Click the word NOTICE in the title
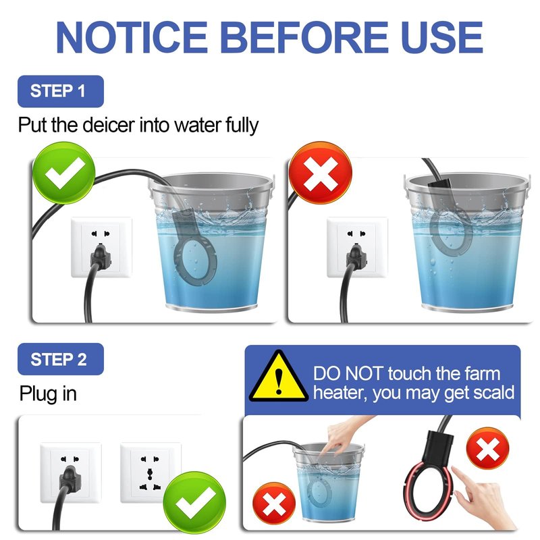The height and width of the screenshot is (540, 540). coord(132,37)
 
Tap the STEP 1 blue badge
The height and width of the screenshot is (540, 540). coord(61,91)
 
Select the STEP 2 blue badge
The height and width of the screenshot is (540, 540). coord(61,359)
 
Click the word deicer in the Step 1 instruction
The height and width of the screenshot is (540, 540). coord(109,125)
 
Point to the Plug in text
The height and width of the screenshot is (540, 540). coord(48,394)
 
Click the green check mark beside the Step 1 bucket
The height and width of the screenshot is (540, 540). coord(64,173)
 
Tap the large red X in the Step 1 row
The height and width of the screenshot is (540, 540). coord(321,173)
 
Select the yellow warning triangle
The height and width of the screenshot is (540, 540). coord(279,377)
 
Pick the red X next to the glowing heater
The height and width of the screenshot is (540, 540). coord(487,448)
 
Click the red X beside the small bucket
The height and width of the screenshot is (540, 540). coord(274,504)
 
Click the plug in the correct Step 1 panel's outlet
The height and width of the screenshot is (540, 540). coord(100,256)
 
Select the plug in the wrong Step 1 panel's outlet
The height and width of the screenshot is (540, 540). coord(356,256)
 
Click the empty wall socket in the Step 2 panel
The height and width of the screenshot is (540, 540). coord(151,473)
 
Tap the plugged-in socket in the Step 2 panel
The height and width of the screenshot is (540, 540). coord(71,473)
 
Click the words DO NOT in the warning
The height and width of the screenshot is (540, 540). coord(348,374)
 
